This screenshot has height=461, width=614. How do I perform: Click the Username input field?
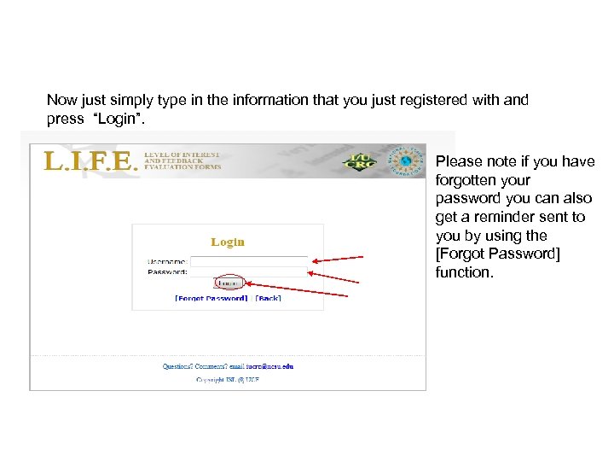(x=248, y=260)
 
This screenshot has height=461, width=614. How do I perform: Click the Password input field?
(x=248, y=271)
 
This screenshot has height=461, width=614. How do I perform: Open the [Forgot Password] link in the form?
(x=211, y=298)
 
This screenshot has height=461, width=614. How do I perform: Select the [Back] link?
(x=268, y=298)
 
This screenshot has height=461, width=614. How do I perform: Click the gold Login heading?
(x=228, y=242)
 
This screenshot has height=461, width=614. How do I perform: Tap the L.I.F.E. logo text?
(x=90, y=161)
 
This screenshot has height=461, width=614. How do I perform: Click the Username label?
(x=168, y=261)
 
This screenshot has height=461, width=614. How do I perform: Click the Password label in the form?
(x=168, y=271)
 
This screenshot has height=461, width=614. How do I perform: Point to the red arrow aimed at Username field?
(x=338, y=259)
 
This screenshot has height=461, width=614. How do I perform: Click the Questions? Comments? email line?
(x=228, y=366)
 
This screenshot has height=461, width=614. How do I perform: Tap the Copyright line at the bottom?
(x=227, y=379)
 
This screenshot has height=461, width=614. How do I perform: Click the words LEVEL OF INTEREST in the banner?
(x=182, y=155)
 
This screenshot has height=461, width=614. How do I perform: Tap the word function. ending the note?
(x=464, y=272)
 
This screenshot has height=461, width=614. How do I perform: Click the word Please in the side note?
(x=457, y=161)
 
